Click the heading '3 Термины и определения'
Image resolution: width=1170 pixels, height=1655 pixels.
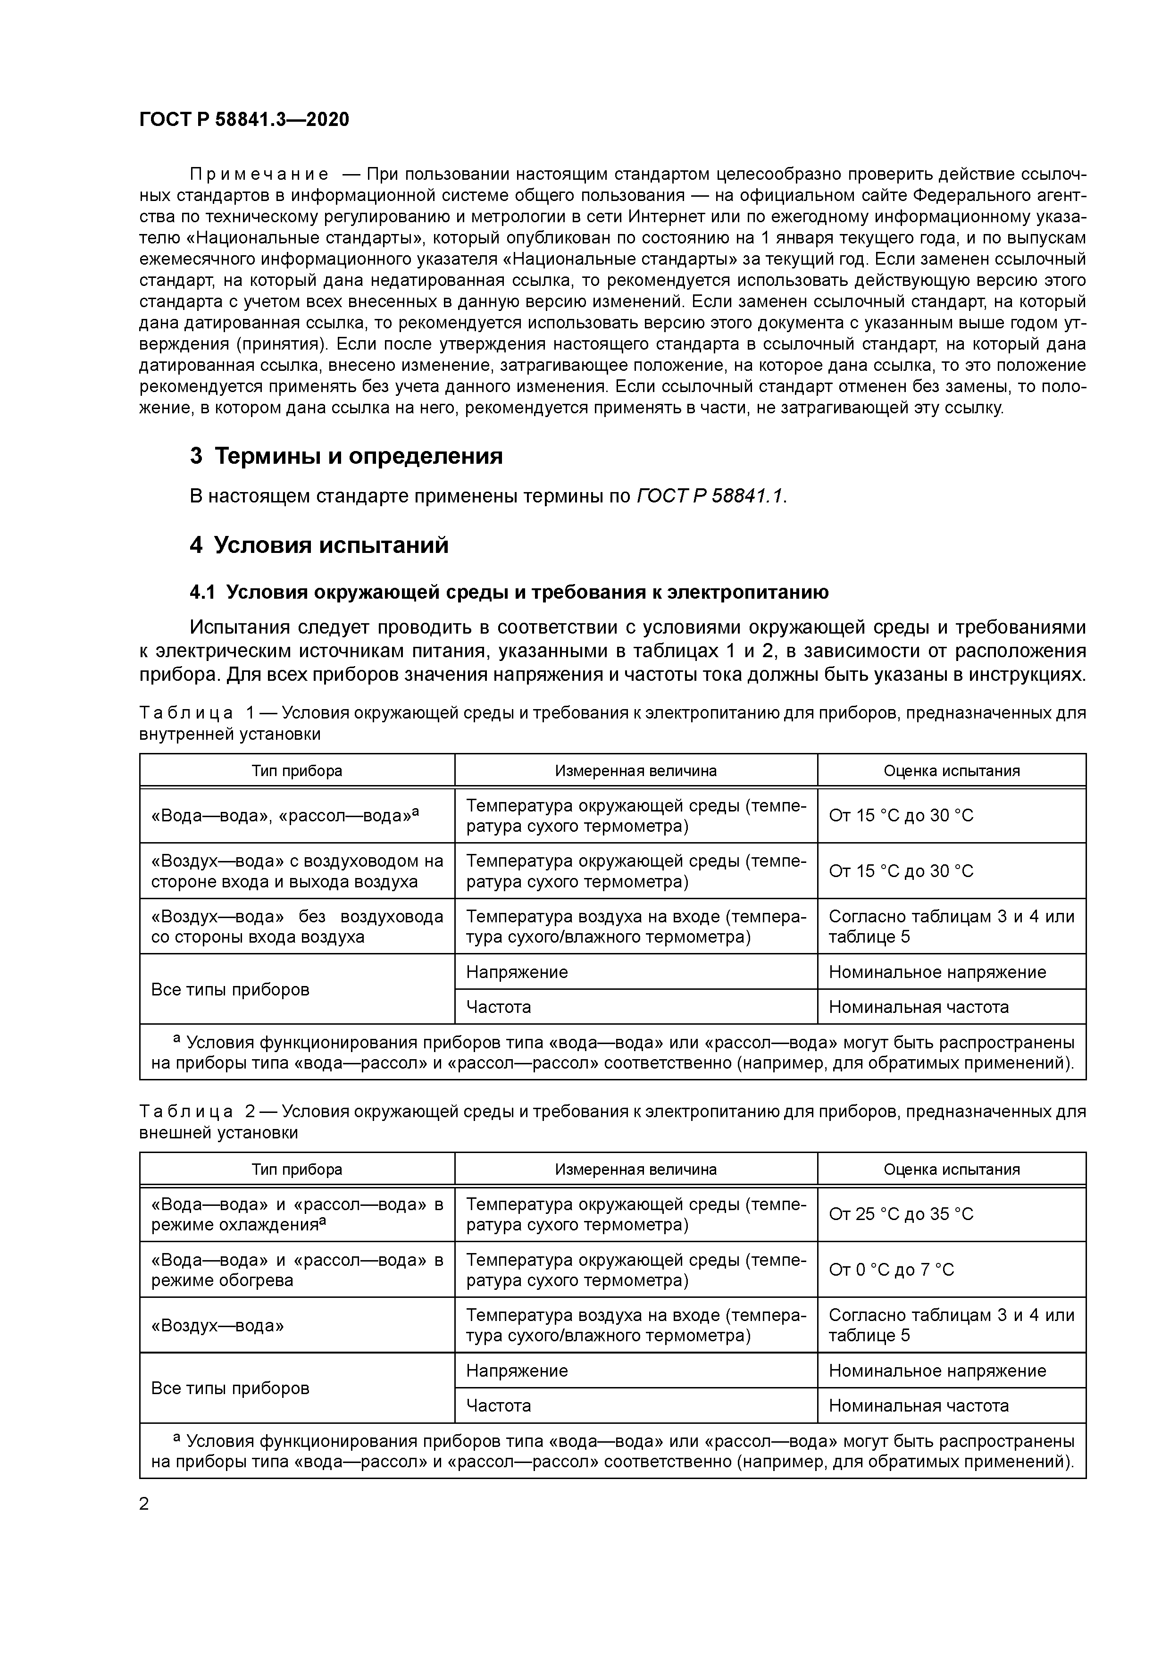[346, 456]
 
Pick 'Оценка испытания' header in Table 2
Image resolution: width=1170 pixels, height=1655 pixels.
[951, 1169]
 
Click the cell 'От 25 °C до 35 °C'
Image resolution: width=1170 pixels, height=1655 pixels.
[901, 1214]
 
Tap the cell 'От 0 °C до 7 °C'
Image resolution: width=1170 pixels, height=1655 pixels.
[891, 1270]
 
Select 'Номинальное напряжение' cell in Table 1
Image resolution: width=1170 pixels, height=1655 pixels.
[936, 972]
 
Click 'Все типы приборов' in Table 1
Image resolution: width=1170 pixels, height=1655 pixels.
[230, 990]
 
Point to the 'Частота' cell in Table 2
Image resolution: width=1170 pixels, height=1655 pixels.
[498, 1405]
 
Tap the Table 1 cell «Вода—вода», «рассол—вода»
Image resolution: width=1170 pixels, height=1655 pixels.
[285, 815]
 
